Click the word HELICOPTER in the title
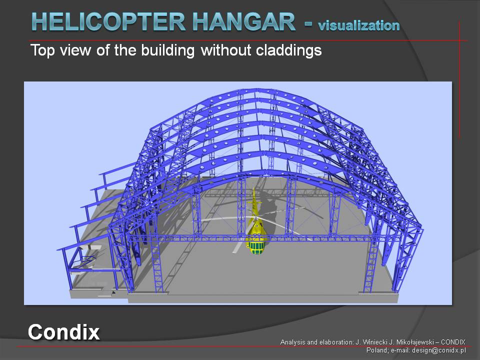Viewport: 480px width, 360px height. pyautogui.click(x=108, y=21)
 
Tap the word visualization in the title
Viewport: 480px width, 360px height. pyautogui.click(x=359, y=25)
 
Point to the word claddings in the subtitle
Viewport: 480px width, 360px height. pyautogui.click(x=288, y=50)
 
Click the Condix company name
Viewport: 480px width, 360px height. pyautogui.click(x=63, y=332)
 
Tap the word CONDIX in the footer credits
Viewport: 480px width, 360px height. pyautogui.click(x=453, y=342)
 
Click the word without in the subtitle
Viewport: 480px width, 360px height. pyautogui.click(x=227, y=50)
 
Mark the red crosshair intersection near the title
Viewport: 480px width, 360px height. pyautogui.click(x=459, y=40)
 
